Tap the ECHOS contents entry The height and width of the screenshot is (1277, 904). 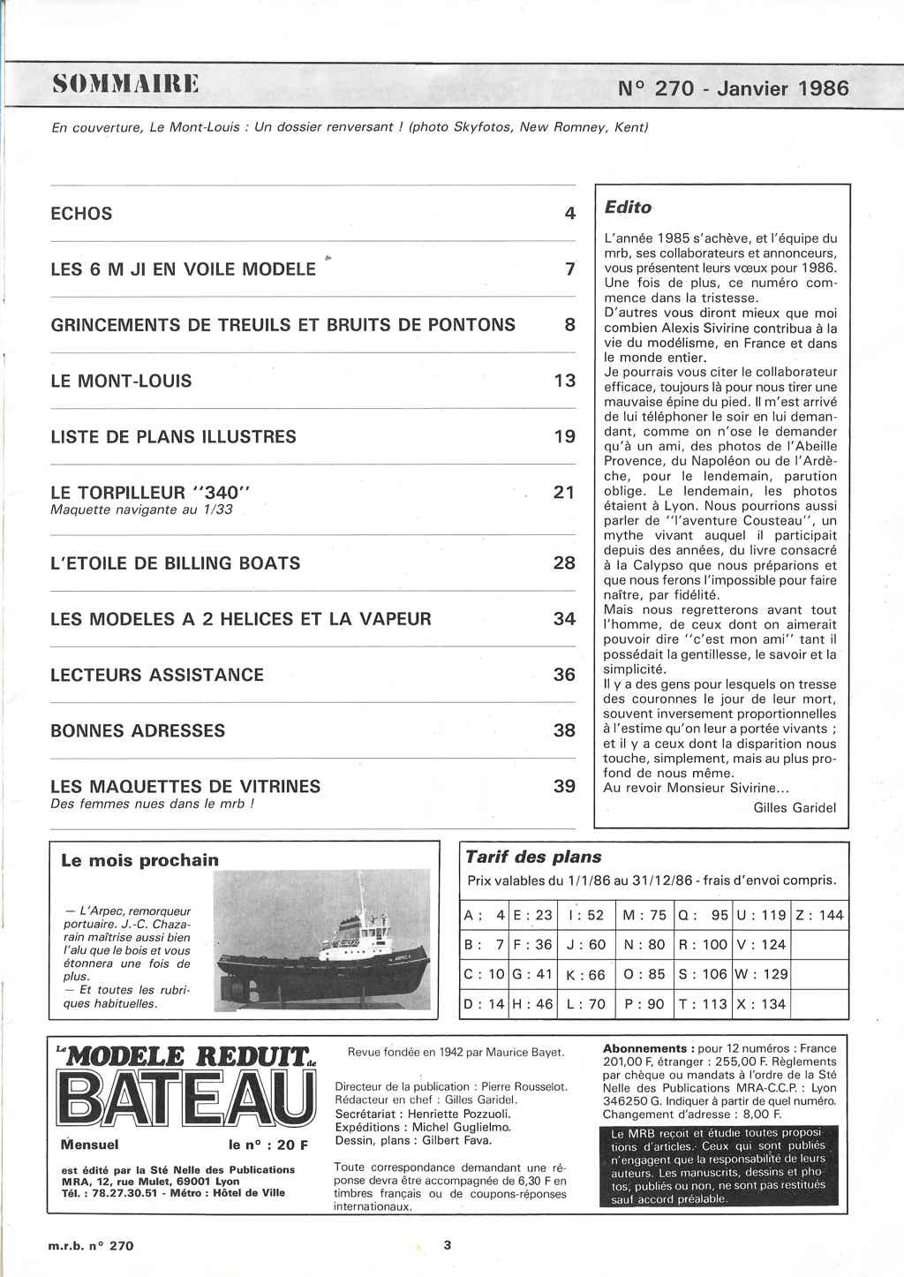click(x=81, y=214)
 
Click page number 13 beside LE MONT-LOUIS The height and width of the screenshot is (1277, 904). click(x=564, y=381)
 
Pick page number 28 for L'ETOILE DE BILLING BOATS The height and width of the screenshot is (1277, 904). click(x=564, y=563)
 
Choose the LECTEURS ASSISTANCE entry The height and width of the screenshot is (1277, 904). click(x=157, y=675)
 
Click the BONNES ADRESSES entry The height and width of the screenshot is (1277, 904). click(x=138, y=730)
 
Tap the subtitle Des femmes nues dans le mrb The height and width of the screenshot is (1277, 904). click(x=153, y=805)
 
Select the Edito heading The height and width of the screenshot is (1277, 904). click(x=628, y=208)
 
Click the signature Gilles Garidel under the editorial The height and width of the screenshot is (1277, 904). click(x=795, y=806)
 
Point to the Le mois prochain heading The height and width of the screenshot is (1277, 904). click(x=139, y=859)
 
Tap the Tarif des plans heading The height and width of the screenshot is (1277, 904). click(x=533, y=857)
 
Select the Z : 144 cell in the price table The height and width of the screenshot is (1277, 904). click(x=819, y=915)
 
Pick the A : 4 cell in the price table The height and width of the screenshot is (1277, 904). click(x=484, y=915)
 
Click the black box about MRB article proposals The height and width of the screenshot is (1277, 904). click(x=713, y=1166)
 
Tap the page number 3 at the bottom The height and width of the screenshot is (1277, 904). click(x=448, y=1245)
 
